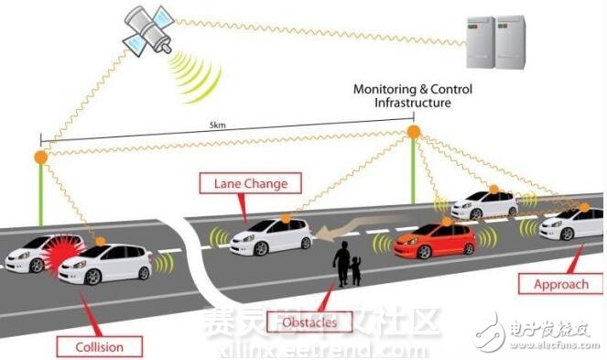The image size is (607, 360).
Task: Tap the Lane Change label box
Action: [x=250, y=183]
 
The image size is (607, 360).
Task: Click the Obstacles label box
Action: [x=309, y=321]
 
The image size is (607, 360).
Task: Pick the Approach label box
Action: [x=560, y=283]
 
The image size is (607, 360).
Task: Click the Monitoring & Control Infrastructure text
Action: [x=403, y=96]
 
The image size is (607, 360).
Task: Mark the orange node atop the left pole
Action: [x=39, y=158]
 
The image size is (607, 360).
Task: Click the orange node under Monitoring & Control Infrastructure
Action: [x=414, y=133]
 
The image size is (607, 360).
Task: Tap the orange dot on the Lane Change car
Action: [x=286, y=218]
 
